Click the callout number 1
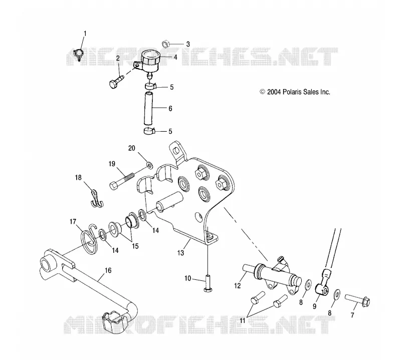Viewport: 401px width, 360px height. (85, 34)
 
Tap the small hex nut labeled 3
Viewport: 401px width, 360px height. (165, 43)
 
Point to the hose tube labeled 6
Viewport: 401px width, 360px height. (149, 108)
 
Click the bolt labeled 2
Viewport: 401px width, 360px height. (117, 80)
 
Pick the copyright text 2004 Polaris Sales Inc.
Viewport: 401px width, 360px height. (295, 92)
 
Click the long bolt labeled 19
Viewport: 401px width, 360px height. (122, 180)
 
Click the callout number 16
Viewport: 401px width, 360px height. (108, 270)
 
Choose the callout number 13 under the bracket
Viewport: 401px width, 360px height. (180, 253)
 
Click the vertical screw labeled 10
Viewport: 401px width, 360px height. (207, 283)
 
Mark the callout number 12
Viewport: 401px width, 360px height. (237, 285)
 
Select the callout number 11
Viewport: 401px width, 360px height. (243, 320)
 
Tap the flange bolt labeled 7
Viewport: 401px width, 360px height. (357, 300)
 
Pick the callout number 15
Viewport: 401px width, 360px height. (135, 246)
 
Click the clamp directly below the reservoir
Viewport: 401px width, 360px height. (150, 86)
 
